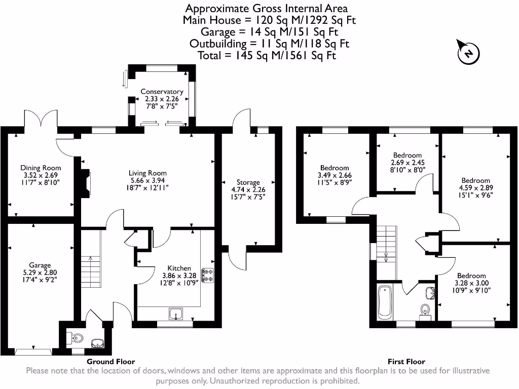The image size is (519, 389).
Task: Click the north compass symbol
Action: (468, 53)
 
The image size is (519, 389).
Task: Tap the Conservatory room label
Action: (162, 92)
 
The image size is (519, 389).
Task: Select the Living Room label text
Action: (147, 173)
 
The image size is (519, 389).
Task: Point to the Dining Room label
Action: (41, 168)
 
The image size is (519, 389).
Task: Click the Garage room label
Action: (40, 265)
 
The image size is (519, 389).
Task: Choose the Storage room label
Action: (248, 182)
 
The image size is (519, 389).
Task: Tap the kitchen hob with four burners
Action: (208, 275)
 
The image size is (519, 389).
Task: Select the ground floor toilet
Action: (76, 337)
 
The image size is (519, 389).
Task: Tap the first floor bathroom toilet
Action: (425, 310)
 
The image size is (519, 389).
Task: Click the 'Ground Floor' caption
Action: (110, 362)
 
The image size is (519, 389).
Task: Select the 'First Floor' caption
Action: (406, 362)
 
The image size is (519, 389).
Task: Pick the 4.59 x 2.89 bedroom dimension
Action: (475, 187)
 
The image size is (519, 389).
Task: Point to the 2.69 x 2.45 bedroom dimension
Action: (407, 163)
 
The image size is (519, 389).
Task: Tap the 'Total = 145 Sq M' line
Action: (267, 55)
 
